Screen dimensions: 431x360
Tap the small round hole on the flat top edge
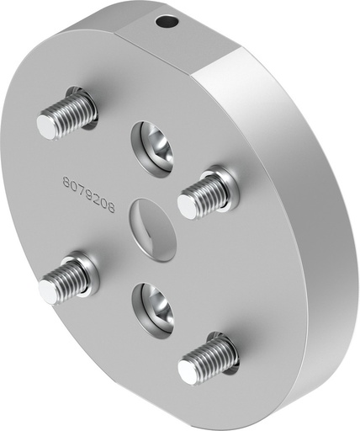(x=171, y=20)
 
